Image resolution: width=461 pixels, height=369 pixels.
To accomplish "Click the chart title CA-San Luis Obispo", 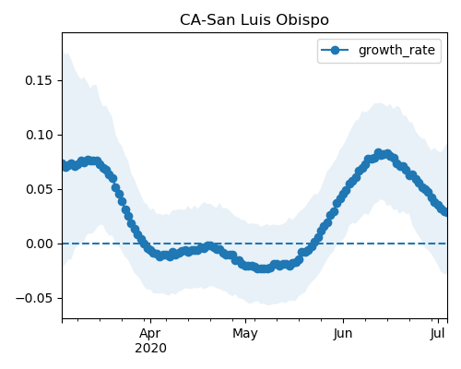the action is point(254,20).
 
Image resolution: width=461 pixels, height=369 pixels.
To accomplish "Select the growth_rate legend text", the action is point(396,51).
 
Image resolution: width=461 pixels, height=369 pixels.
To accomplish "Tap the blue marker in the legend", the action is point(335,50).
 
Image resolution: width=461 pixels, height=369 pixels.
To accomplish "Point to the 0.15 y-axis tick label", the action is point(39,80).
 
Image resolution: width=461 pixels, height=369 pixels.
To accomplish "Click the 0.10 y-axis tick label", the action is point(39,135).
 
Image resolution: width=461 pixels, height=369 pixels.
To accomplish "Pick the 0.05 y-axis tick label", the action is point(39,189).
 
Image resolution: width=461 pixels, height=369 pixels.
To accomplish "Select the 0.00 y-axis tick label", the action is point(39,244).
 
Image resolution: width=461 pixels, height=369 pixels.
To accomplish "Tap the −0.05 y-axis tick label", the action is point(34,298).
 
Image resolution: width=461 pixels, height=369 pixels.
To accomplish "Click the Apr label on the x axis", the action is point(150,334).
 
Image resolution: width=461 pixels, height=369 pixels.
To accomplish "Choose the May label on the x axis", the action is point(245,334).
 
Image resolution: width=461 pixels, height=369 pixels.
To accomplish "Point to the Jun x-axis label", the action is point(343,334).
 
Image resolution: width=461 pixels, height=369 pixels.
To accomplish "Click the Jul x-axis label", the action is point(438,334).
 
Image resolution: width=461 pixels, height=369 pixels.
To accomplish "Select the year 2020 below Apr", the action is point(150,349).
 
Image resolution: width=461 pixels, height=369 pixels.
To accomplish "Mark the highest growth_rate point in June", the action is point(378,152).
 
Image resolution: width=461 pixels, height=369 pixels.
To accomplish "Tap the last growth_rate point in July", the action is point(445,212).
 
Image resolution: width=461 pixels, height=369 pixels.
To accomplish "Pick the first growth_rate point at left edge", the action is point(63,164).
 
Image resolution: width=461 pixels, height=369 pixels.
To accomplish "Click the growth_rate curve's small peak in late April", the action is point(209,246).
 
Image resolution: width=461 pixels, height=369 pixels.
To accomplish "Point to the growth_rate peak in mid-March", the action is point(89,161).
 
